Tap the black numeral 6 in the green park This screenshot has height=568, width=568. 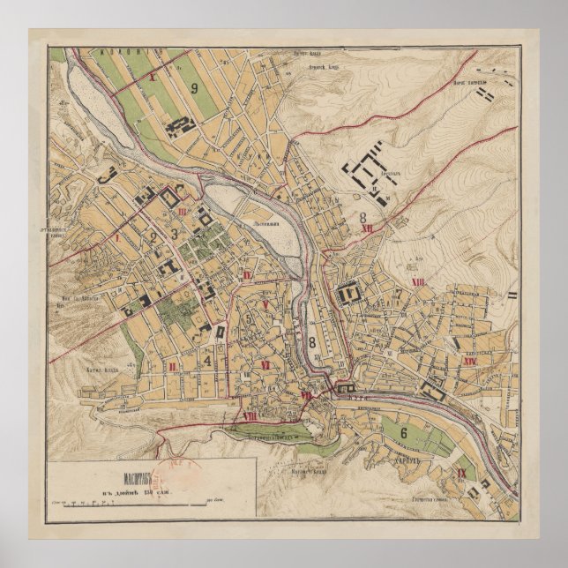404,433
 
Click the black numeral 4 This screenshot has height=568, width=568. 207,360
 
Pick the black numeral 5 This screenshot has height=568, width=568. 250,318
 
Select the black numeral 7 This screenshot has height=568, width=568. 399,294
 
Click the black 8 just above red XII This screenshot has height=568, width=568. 362,214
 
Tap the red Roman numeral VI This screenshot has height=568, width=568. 265,362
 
